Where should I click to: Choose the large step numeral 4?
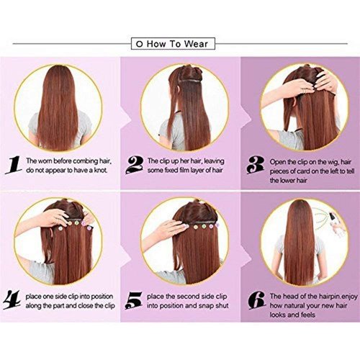(x=12, y=300)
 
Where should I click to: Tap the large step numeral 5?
(x=133, y=300)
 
